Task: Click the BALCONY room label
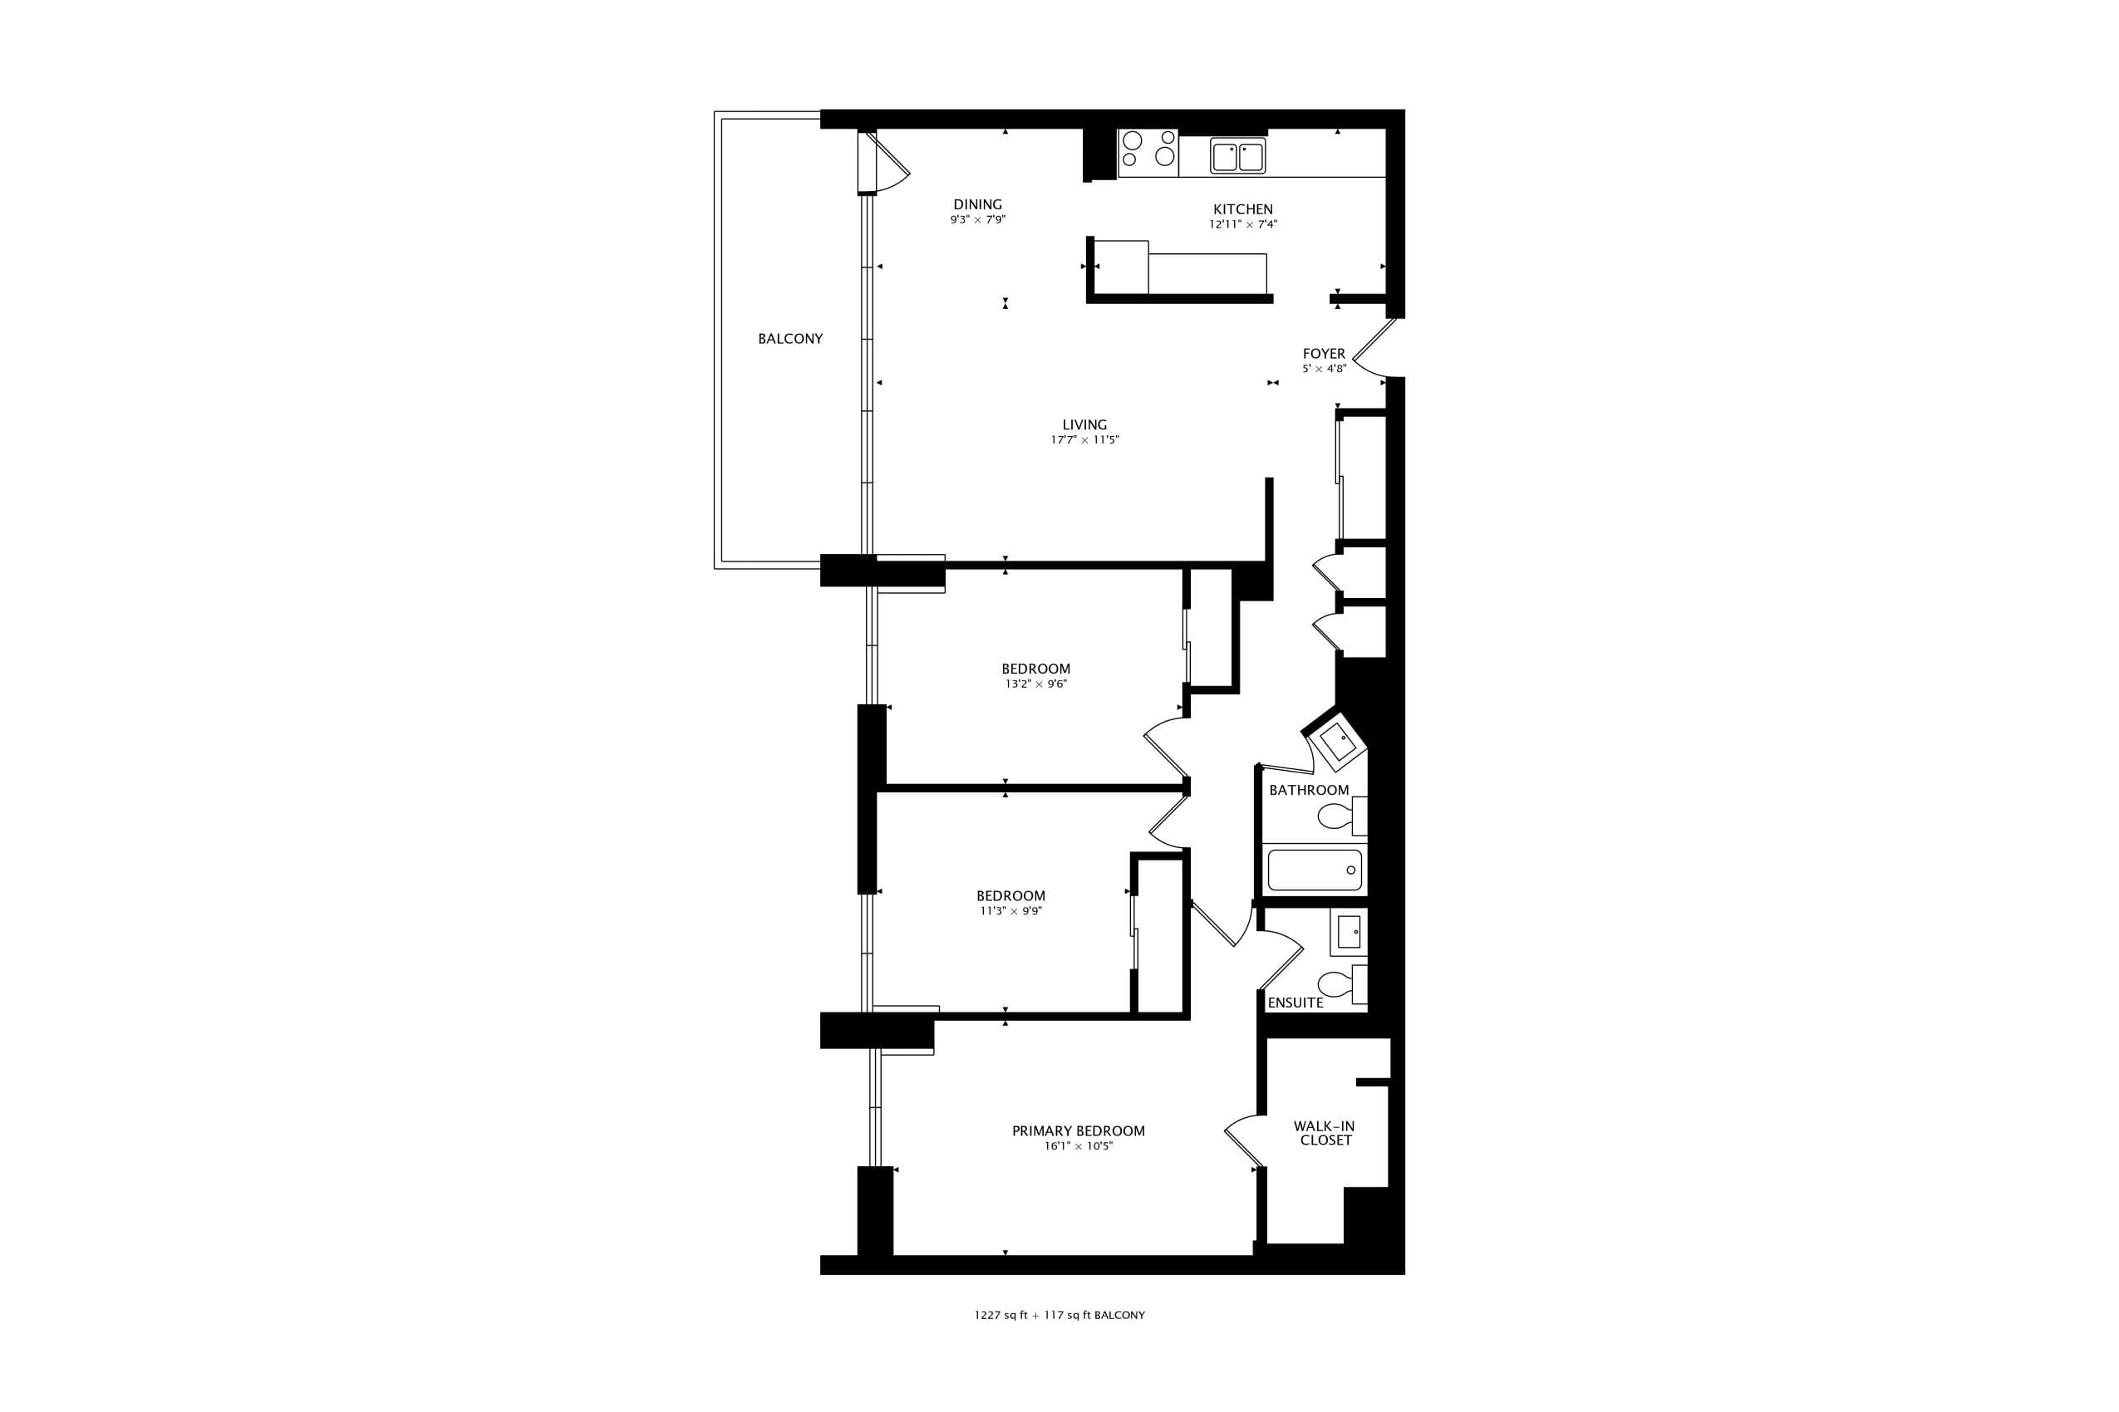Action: coord(790,339)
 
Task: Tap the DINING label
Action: coord(977,204)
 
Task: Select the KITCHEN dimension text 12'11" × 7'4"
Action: coord(1243,224)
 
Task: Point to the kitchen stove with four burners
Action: coord(1148,153)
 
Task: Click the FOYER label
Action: coord(1324,354)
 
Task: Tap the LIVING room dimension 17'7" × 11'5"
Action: coord(1084,440)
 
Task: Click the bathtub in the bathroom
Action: coord(1315,870)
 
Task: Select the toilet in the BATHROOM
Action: coord(1342,816)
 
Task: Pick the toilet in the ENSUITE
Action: coord(1342,983)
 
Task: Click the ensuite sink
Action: coord(1349,932)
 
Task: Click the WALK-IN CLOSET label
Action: coord(1325,1133)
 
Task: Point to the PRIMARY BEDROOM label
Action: coord(1079,1131)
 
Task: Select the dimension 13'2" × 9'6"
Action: coord(1036,684)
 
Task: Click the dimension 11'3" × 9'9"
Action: coord(1010,911)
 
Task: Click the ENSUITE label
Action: coord(1295,1003)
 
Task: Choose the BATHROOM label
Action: coord(1309,790)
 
